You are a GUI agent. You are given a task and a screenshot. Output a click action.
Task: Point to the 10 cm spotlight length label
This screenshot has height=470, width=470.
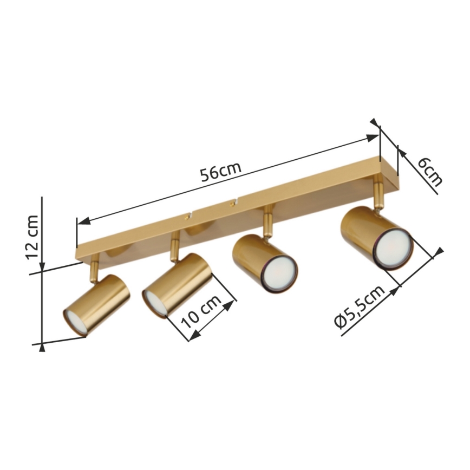point(200,314)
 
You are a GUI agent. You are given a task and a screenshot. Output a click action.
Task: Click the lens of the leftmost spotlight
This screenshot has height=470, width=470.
point(75,322)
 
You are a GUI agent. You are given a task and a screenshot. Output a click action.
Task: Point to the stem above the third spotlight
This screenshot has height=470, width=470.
point(267,223)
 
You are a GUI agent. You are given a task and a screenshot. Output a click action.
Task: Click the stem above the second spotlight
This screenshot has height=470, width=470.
point(174,246)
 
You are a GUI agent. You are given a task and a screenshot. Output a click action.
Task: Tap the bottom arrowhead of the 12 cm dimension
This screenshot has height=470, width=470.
point(42,346)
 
